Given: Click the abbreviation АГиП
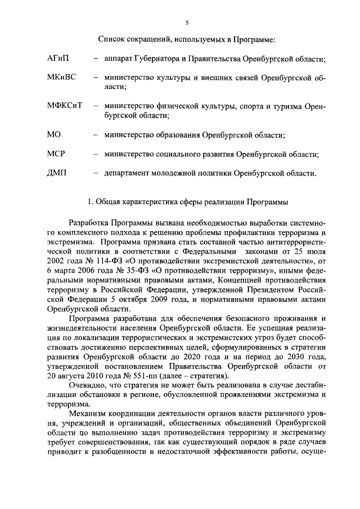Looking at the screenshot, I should point(59,58).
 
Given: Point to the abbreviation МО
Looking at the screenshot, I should point(54,134).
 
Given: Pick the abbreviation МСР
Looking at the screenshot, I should point(57,154).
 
